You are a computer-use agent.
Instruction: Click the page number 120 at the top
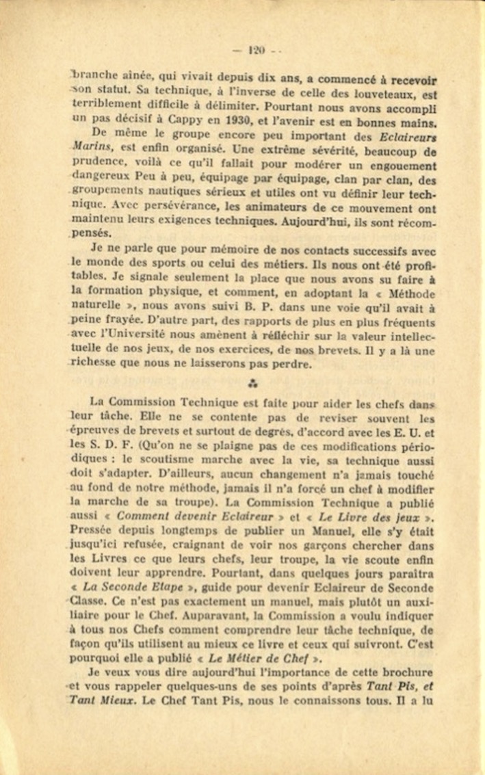[x=257, y=49]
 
